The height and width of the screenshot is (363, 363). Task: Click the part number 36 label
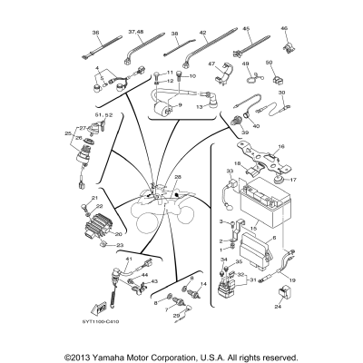95,31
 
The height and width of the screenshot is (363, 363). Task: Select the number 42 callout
204,31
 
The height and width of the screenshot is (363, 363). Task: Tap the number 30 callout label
281,93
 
